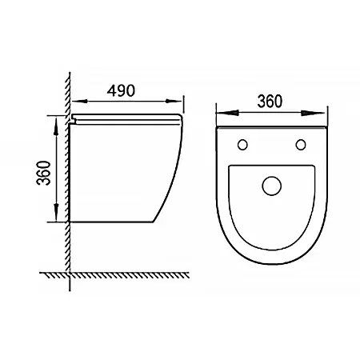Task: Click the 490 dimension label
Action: click(x=121, y=90)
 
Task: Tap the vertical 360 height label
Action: click(x=43, y=173)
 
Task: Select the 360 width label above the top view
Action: click(x=270, y=102)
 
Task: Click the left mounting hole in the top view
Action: click(x=242, y=145)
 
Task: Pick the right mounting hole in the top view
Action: click(x=301, y=145)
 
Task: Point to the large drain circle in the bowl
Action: click(x=272, y=186)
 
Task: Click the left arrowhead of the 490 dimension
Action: click(x=80, y=102)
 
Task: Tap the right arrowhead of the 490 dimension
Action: click(x=174, y=101)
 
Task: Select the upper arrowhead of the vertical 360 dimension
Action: click(x=56, y=126)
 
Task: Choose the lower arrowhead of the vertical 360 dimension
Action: click(x=56, y=212)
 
